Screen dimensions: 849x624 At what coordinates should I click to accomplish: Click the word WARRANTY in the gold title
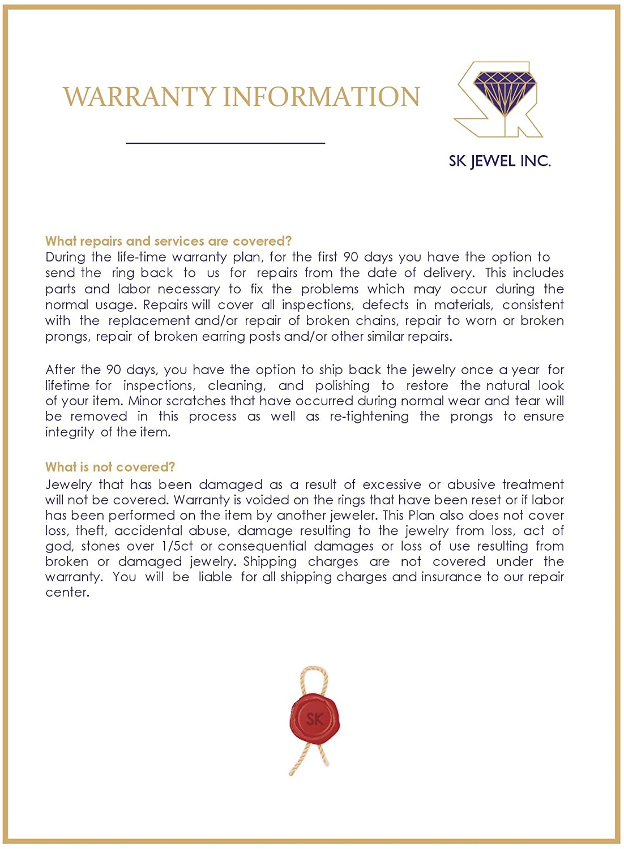139,97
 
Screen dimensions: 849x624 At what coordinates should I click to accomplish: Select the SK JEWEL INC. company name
499,161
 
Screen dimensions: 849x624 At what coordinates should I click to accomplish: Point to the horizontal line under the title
225,143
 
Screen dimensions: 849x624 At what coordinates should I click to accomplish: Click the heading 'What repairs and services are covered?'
168,241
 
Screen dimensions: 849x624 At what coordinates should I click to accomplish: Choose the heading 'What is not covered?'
110,467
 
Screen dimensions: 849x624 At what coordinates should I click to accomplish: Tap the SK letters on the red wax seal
314,719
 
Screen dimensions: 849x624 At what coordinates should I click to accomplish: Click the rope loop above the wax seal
313,679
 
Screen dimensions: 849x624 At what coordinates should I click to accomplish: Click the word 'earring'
236,336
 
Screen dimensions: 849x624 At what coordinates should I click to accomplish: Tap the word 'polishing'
342,386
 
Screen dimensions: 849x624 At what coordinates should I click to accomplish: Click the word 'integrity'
70,432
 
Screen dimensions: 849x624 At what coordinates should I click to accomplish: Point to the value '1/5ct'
177,546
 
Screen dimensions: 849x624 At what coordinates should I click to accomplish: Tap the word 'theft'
91,531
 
